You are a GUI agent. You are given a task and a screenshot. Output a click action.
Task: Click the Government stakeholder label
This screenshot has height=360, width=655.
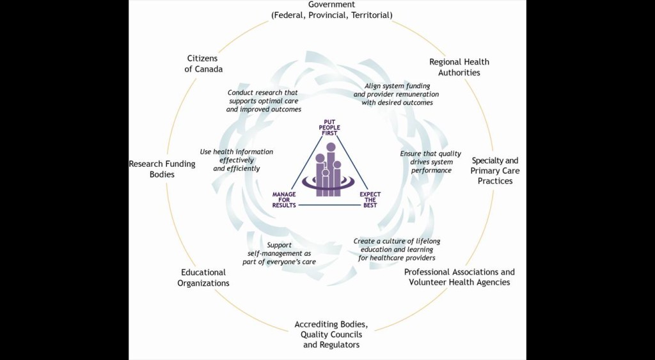(332, 10)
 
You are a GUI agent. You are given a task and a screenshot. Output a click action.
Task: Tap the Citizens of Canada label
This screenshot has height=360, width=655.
(203, 64)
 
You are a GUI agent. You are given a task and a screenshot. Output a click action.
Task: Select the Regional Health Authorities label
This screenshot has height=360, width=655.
(459, 67)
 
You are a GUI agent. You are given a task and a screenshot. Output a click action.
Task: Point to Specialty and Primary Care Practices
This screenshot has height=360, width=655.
(495, 170)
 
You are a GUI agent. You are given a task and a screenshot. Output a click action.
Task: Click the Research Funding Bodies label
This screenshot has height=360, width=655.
(162, 169)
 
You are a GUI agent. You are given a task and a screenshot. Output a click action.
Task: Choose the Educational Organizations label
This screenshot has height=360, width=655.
(203, 278)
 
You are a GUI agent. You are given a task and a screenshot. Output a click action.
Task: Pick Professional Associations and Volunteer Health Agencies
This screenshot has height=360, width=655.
(459, 277)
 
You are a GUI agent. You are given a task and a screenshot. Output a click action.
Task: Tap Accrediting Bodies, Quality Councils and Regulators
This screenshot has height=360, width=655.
(331, 334)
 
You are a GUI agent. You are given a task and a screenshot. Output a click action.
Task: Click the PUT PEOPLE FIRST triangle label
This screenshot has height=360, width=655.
(329, 127)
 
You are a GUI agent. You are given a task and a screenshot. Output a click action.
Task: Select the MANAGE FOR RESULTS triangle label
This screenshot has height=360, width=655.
(284, 200)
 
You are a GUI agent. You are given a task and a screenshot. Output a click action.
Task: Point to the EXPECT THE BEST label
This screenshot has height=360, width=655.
(370, 200)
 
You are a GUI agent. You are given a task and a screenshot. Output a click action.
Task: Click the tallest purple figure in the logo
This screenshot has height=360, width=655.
(331, 169)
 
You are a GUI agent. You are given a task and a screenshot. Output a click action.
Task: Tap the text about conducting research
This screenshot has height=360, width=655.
(263, 101)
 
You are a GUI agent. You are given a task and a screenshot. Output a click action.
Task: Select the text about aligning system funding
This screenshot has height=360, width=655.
(397, 94)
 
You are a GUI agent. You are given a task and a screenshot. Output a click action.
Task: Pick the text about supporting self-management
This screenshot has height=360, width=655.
(279, 253)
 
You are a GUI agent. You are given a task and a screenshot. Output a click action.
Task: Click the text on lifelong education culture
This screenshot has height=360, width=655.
(397, 249)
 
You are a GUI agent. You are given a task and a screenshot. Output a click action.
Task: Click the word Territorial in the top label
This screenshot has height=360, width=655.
(371, 15)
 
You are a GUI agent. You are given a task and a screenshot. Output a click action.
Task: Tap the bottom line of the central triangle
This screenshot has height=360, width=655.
(327, 205)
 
